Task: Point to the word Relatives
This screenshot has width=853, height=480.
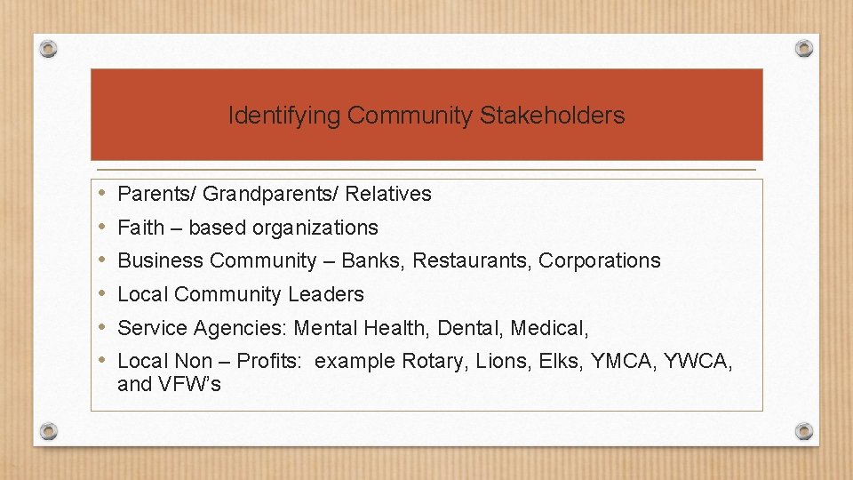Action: [388, 194]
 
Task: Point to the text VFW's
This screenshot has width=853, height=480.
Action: [189, 385]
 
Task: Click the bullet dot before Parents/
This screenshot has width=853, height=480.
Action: [103, 193]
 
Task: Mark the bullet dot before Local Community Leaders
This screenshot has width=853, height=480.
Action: [103, 293]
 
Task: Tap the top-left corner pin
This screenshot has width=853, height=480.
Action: [50, 48]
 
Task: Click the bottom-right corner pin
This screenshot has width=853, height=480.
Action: [803, 431]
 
